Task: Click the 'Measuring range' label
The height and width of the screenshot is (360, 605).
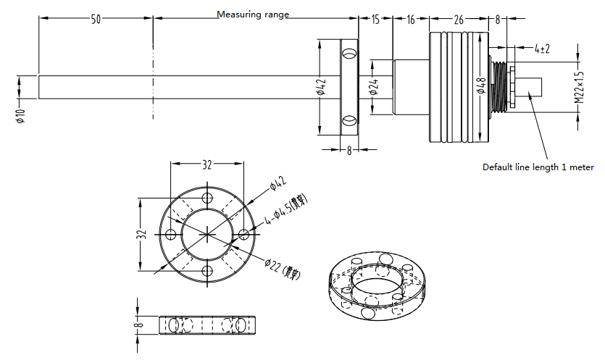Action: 253,14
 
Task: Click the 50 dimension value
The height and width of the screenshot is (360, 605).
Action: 96,20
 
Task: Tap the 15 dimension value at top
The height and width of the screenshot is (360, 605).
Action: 375,20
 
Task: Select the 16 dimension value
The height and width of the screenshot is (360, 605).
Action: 411,20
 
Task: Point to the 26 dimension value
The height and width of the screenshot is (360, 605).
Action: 459,20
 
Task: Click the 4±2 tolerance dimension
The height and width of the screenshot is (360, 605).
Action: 542,49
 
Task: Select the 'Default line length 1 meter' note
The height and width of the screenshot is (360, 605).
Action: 538,167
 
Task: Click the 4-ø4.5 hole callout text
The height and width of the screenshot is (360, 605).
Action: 288,209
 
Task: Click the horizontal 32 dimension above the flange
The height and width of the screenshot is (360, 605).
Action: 207,165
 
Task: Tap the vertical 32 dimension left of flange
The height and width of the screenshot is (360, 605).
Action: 142,234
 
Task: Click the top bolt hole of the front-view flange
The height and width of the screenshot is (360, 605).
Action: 208,198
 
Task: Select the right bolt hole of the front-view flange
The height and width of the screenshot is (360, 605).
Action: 244,234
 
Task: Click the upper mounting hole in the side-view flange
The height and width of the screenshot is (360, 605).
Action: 349,54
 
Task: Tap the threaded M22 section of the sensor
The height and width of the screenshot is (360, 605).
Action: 499,86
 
